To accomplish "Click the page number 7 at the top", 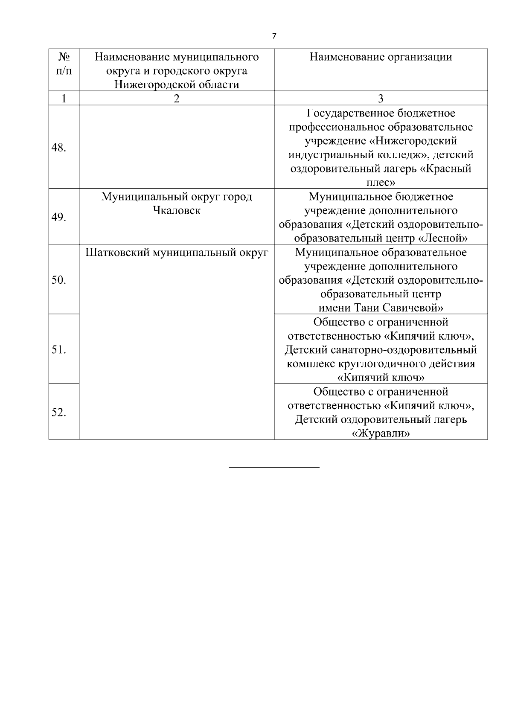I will click(274, 36).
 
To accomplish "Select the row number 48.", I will click(58, 148).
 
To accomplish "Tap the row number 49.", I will click(58, 218).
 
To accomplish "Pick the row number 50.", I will click(58, 280).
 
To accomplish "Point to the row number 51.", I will click(58, 350).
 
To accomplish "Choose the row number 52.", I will click(58, 413).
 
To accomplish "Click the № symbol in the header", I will click(64, 57).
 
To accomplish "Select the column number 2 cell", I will click(177, 99).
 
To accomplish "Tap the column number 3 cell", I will click(381, 99).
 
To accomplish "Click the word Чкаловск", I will click(177, 211).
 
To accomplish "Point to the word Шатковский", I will click(112, 253).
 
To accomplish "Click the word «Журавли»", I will click(381, 433).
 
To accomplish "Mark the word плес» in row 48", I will click(381, 183).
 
